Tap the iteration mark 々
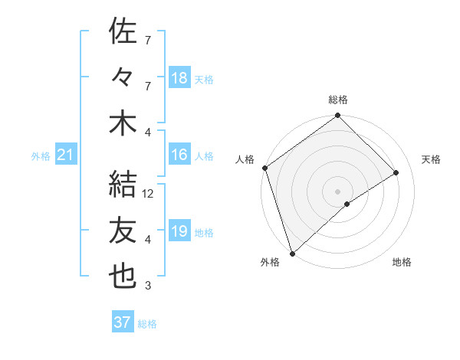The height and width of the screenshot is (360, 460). coord(123,77)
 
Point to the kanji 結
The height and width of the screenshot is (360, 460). coord(123,184)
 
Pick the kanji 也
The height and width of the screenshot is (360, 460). coord(123,277)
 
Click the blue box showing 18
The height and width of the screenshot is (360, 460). coord(179,78)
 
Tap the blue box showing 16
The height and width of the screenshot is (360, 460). coord(179,155)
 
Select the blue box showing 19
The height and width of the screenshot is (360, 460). coord(179,231)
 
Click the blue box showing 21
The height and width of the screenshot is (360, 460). coord(65,155)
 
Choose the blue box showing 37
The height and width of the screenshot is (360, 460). coord(123,322)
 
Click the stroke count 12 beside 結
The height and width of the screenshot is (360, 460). coord(149,194)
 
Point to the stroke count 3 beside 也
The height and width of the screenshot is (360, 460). coord(148,286)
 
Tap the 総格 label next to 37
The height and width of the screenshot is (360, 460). coord(147,324)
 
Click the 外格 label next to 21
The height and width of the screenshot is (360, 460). coord(41,156)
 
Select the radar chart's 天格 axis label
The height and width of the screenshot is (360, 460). coord(431,159)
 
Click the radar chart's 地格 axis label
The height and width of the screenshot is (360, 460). coord(402,262)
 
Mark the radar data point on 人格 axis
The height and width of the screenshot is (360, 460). coord(264,168)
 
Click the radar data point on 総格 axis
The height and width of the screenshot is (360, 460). coord(337,116)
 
